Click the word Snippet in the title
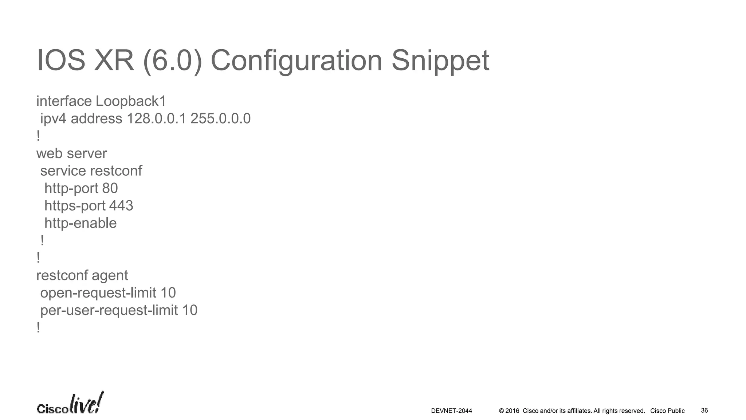440,61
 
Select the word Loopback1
131,101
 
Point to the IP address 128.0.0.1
156,119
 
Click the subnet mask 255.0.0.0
220,119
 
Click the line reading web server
71,153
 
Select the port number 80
110,188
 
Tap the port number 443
121,206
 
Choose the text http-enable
81,223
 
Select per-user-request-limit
109,310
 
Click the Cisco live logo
70,404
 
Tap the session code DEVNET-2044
451,411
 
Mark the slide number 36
704,411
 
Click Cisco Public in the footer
667,411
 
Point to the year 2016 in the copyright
512,411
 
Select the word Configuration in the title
296,61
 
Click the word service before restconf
63,171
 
